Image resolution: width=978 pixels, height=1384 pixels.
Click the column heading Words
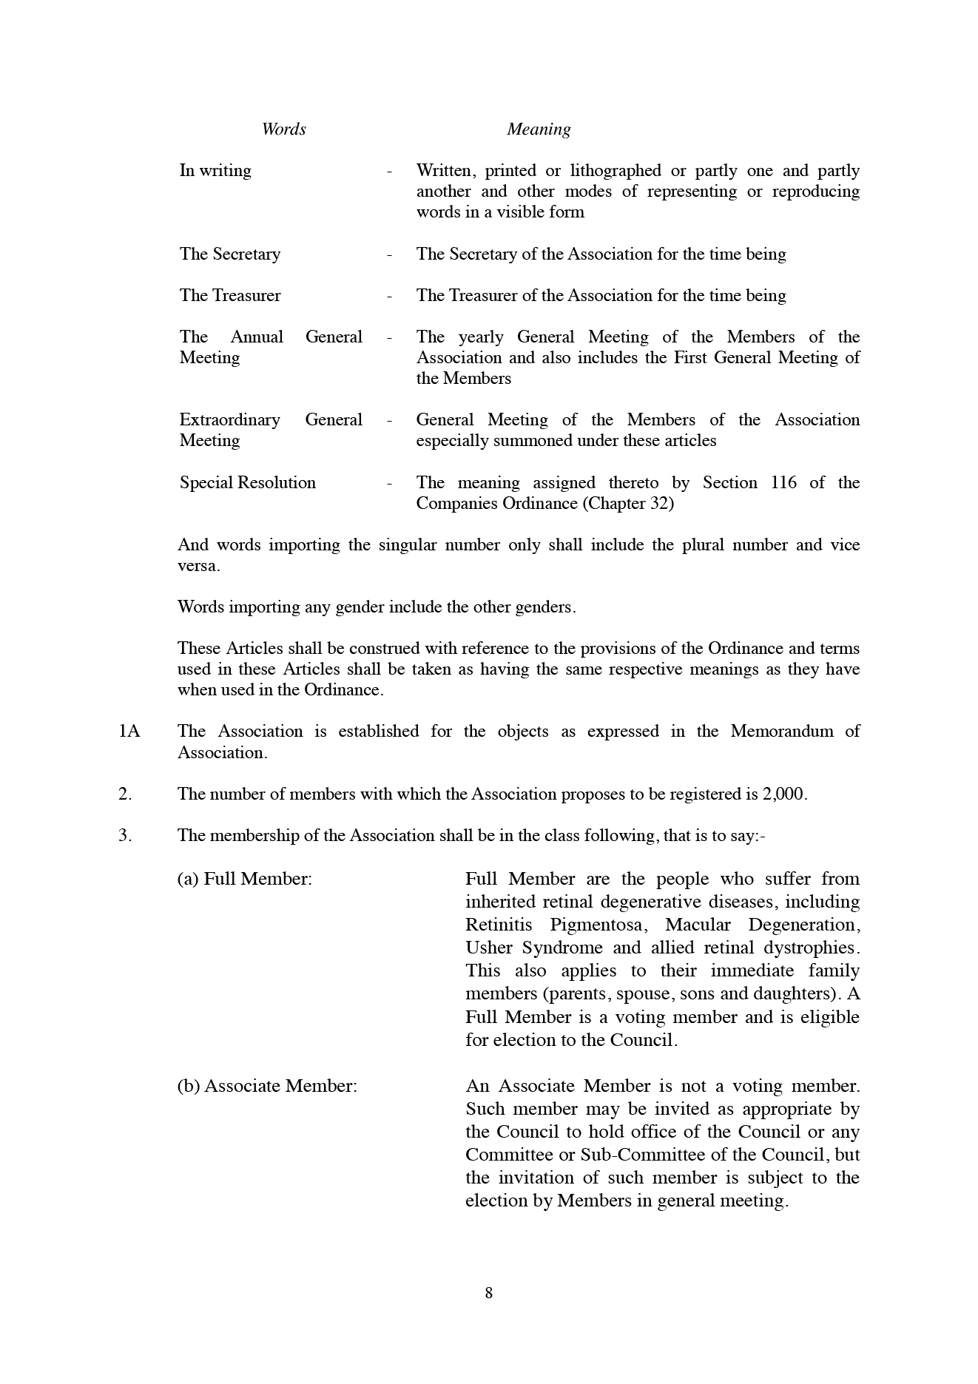283,129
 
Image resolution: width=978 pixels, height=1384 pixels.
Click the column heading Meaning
539,129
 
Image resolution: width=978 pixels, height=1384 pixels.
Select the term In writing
215,171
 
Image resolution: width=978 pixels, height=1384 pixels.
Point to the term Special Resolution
248,483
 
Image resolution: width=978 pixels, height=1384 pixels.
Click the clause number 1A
129,732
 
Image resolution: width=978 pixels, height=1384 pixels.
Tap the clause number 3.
124,836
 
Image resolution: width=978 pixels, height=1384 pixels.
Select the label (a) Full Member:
245,879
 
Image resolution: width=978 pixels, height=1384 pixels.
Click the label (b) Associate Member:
267,1086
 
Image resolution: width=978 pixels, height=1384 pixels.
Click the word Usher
489,948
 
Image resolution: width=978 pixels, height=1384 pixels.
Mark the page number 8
488,1293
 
